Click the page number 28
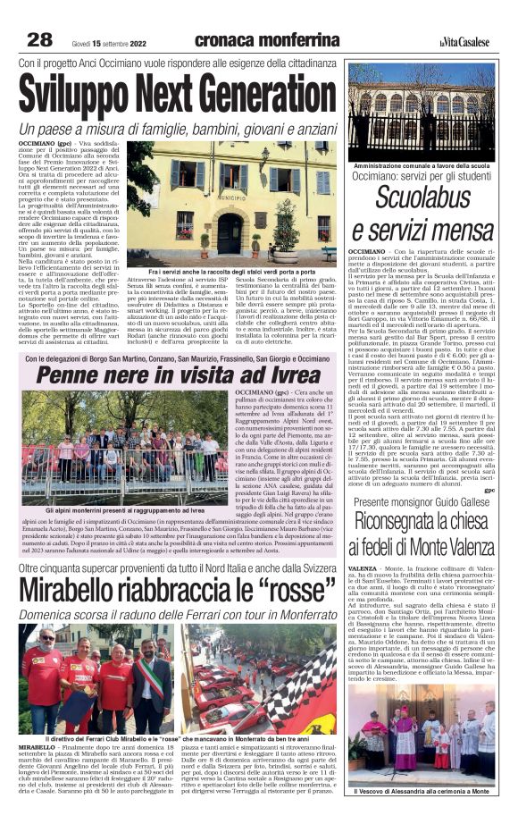pos(39,39)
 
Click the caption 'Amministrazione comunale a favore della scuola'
pos(420,167)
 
